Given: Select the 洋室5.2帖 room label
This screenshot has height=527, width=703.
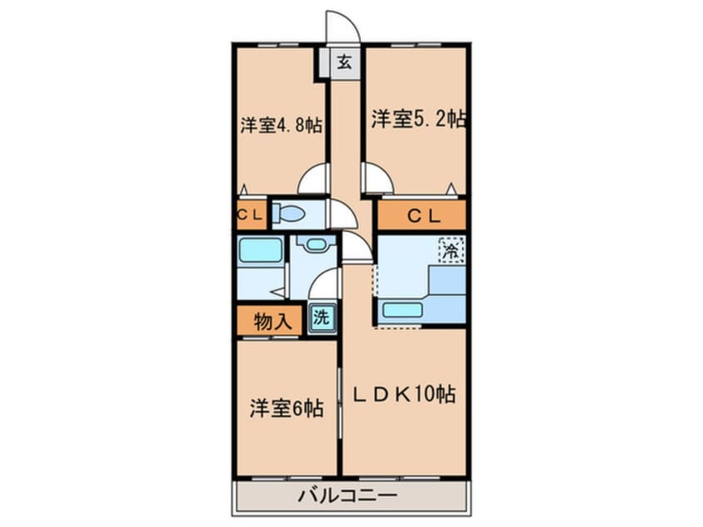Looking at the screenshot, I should [x=417, y=120].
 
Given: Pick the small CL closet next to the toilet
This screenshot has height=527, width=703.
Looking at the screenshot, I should [x=250, y=214].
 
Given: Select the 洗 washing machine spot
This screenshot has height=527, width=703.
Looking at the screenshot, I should [x=322, y=318].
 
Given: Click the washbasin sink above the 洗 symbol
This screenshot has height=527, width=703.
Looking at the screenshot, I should [x=314, y=245].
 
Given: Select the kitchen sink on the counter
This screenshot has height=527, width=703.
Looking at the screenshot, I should [x=401, y=310].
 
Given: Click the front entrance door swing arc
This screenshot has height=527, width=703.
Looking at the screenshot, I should [x=341, y=26].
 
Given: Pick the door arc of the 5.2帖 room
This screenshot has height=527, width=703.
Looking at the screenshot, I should [x=376, y=176].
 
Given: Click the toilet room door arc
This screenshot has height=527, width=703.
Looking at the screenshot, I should [x=341, y=214].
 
